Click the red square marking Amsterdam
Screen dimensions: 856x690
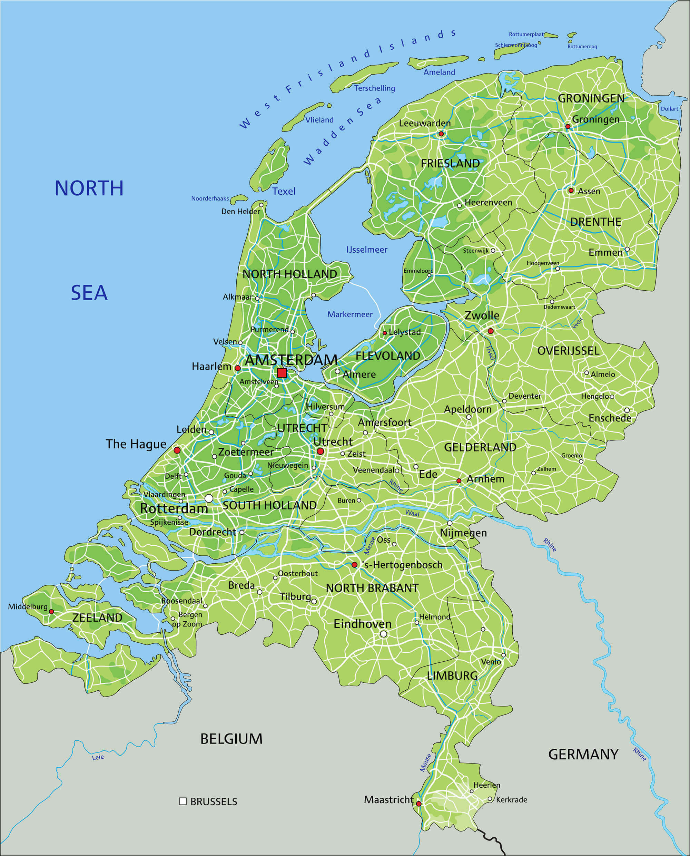coord(282,372)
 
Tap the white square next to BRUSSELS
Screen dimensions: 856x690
coord(183,801)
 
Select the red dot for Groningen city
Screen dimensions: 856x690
coord(568,126)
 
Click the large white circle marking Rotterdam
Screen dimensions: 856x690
coord(209,498)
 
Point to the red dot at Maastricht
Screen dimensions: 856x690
coord(418,804)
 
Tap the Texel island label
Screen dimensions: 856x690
coord(284,191)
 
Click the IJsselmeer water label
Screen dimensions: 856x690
coord(366,250)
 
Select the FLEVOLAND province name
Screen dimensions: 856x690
coord(387,356)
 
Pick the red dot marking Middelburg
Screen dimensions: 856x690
coord(51,612)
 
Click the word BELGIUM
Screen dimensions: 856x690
coord(231,739)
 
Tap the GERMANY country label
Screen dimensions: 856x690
coord(583,754)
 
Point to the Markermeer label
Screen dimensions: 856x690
coord(350,314)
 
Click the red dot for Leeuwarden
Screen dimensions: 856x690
coord(441,134)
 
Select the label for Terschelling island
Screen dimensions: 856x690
coord(374,88)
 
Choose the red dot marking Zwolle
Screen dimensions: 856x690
coord(491,331)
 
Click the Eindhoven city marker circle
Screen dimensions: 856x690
coord(384,634)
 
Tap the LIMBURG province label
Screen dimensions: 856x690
coord(452,675)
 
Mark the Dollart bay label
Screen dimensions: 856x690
coord(669,108)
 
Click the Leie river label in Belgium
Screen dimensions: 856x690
coord(98,757)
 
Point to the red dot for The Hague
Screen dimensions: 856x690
coord(177,450)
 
